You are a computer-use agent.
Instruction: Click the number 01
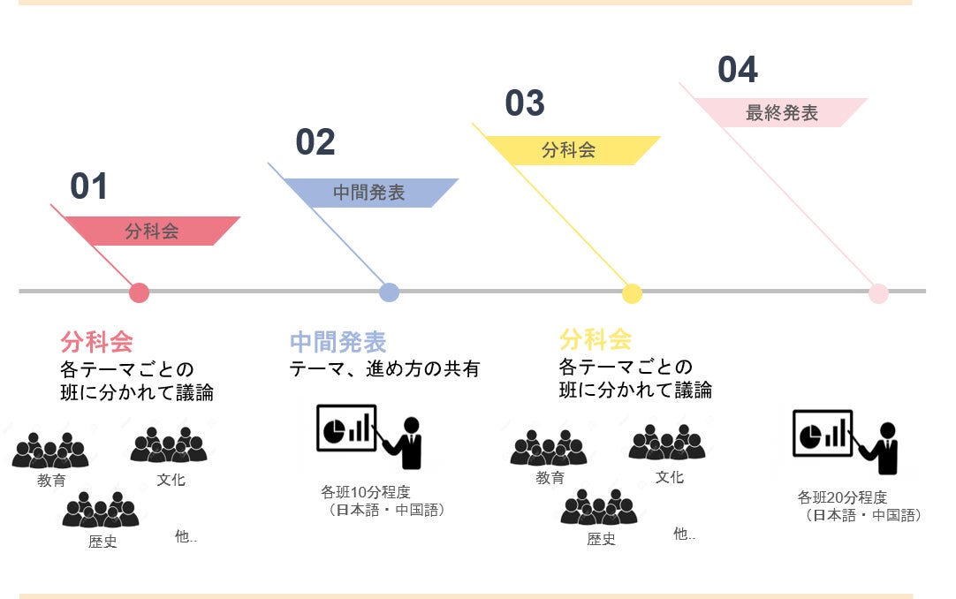89,186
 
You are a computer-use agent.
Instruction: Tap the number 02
315,142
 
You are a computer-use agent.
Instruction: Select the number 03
525,103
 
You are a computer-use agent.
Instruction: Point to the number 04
738,69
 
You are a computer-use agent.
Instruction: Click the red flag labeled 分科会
153,231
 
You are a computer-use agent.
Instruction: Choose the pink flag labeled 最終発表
780,113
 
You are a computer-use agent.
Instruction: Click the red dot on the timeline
139,292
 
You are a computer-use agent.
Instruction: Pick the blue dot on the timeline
389,292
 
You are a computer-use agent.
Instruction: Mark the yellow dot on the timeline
632,293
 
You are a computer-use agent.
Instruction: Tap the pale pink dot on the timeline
878,293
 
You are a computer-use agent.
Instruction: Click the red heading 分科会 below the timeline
97,342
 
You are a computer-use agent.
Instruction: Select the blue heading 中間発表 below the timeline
338,342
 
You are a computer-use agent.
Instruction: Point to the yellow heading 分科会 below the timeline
596,339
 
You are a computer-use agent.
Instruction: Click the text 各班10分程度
366,492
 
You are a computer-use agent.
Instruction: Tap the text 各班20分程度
843,497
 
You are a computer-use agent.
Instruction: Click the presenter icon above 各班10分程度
369,436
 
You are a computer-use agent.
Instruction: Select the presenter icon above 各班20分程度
846,442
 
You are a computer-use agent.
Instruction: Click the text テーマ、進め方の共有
384,368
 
